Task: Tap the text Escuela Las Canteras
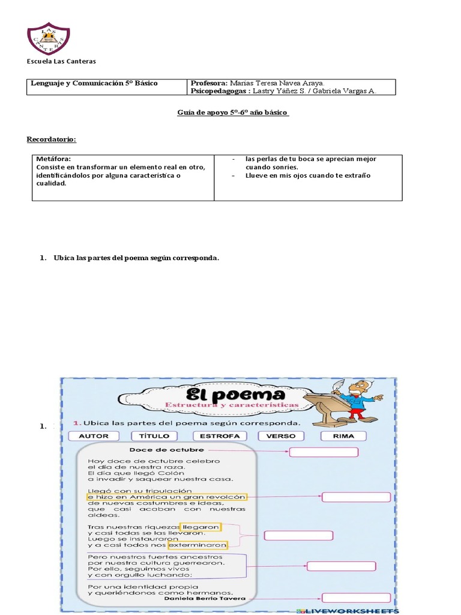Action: click(61, 61)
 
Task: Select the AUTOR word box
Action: click(94, 436)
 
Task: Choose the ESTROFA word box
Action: click(220, 436)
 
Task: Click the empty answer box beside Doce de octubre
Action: click(324, 452)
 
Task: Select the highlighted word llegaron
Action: click(201, 527)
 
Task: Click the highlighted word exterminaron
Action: click(198, 545)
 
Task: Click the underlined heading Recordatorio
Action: click(52, 139)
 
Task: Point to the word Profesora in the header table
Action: click(208, 83)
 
